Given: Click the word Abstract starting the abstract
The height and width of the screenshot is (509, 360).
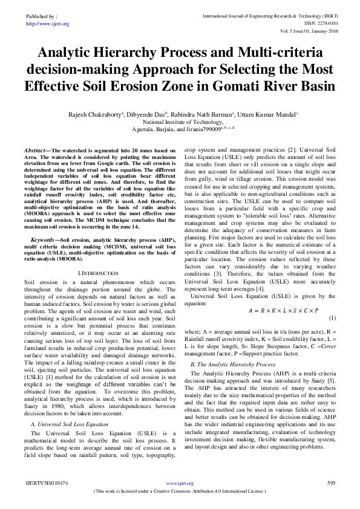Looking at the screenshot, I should (39, 149).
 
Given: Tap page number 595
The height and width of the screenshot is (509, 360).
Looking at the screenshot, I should (331, 484).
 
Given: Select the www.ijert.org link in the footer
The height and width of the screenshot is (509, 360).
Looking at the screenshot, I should (180, 484).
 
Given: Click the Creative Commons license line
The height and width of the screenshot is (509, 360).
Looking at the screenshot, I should (180, 491).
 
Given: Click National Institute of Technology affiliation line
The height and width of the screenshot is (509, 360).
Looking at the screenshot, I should (180, 121).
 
